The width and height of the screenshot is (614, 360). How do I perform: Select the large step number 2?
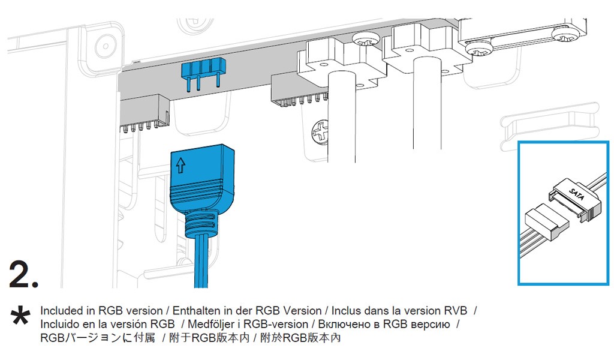pyautogui.click(x=24, y=275)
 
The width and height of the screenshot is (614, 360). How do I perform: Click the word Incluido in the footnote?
pyautogui.click(x=60, y=325)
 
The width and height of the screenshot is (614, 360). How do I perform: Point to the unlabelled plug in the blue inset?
pyautogui.click(x=546, y=221)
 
